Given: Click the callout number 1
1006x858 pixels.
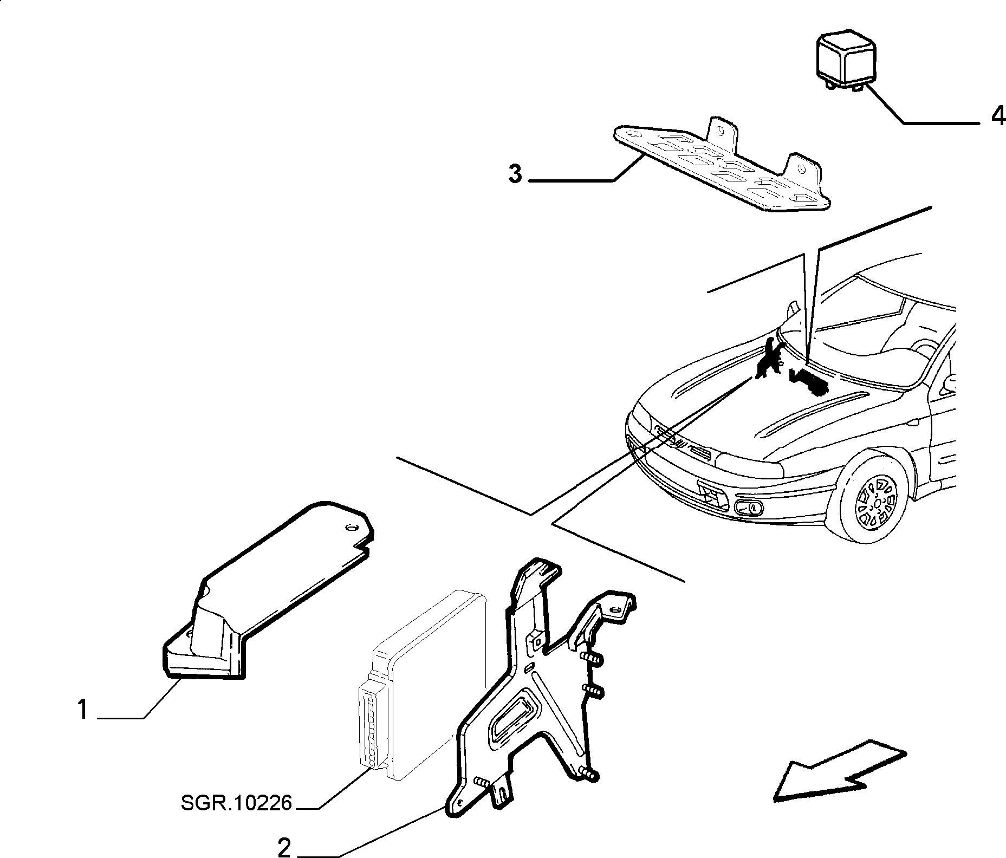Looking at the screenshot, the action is click(82, 710).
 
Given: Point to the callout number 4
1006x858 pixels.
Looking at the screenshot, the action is click(997, 116).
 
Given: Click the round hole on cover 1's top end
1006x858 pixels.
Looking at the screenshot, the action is click(349, 528).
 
